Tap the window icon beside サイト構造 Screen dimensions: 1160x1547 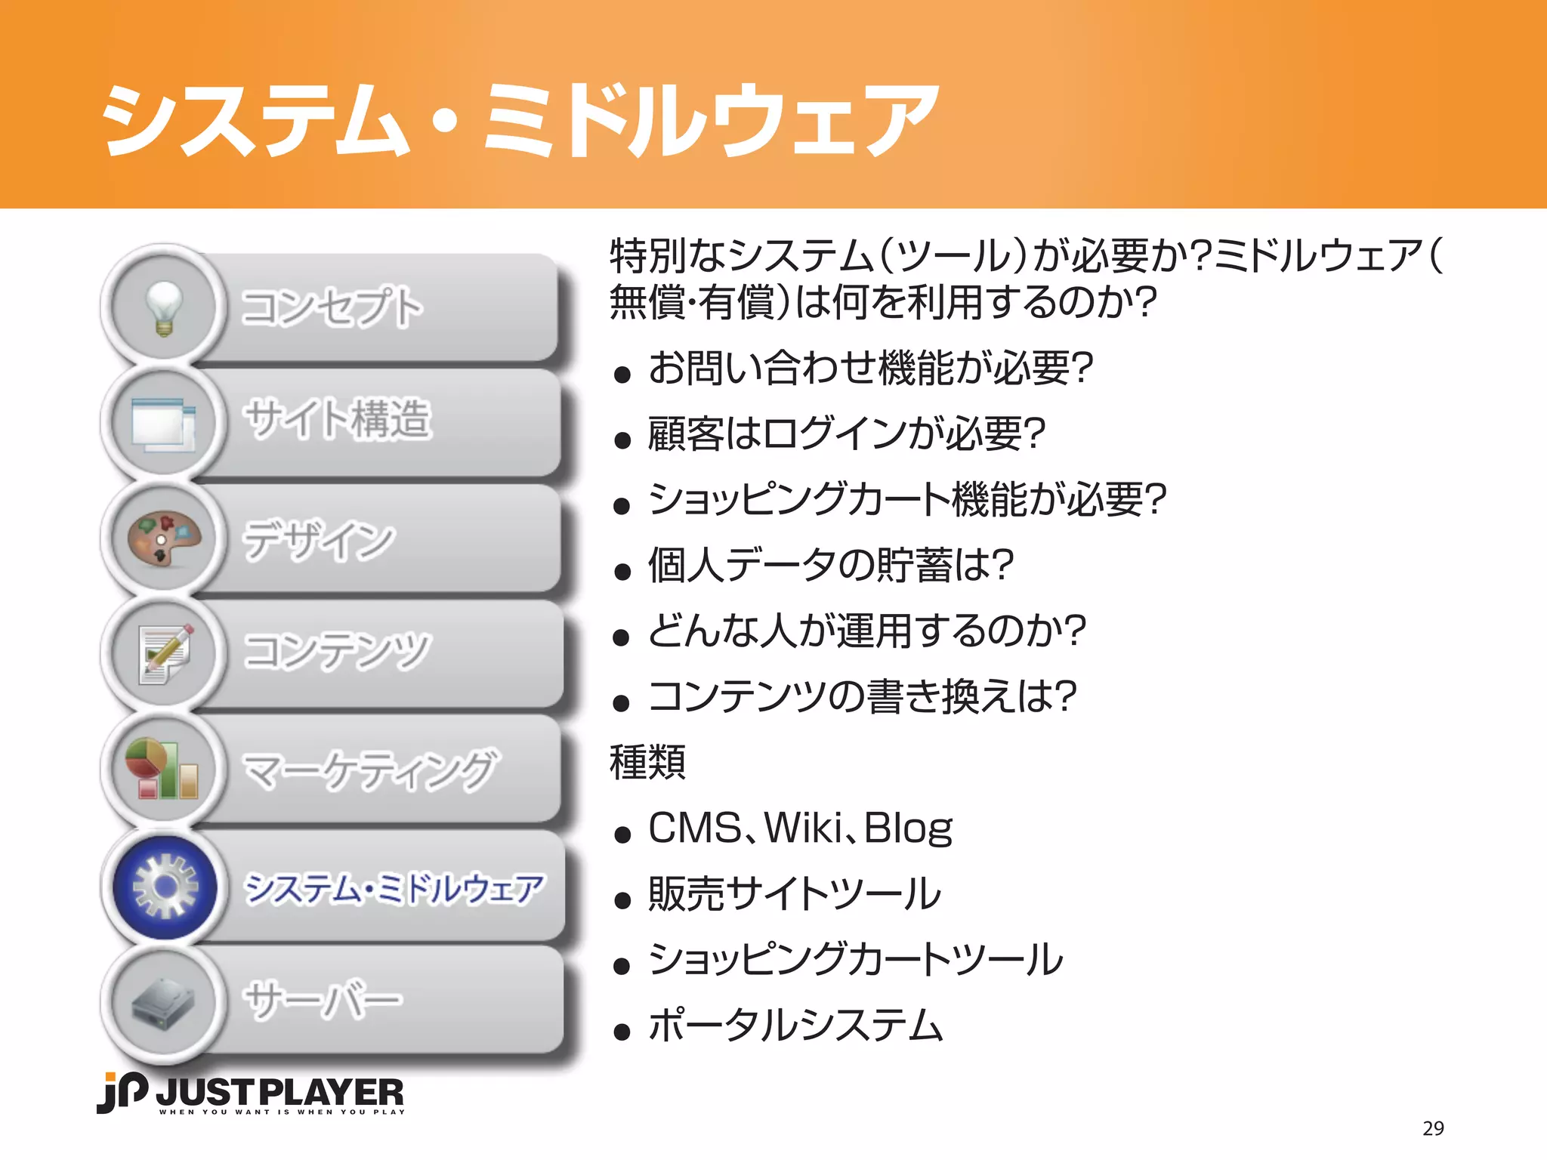pyautogui.click(x=164, y=424)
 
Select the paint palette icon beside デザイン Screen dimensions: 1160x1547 pyautogui.click(x=164, y=538)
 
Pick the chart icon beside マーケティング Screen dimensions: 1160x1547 pyautogui.click(x=162, y=769)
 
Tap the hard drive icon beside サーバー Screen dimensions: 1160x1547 pyautogui.click(x=164, y=1003)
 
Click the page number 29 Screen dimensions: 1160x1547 pyautogui.click(x=1432, y=1128)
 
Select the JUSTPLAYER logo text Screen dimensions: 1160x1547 pyautogui.click(x=279, y=1093)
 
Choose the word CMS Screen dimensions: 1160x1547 pyautogui.click(x=695, y=828)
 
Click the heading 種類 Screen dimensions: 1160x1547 pyautogui.click(x=647, y=762)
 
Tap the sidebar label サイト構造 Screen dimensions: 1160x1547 pyautogui.click(x=337, y=419)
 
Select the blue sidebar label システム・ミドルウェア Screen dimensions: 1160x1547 pyautogui.click(x=394, y=888)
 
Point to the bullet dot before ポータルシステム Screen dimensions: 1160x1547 pyautogui.click(x=622, y=1032)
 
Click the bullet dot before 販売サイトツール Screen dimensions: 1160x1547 pyautogui.click(x=622, y=900)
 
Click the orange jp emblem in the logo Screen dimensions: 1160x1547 pyautogui.click(x=121, y=1092)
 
